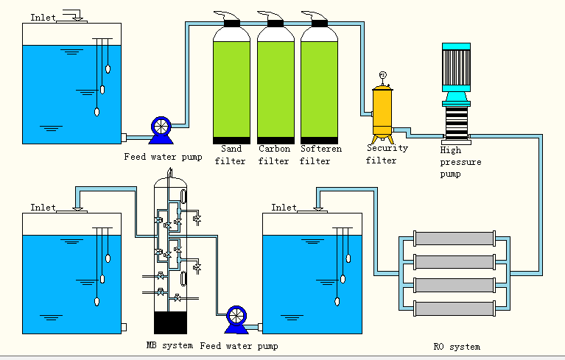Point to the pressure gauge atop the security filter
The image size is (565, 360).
(382, 75)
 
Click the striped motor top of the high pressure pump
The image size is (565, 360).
(456, 58)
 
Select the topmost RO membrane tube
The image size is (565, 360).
(454, 239)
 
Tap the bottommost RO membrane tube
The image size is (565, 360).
(454, 307)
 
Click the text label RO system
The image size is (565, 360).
(457, 346)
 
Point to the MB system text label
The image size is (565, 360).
(169, 345)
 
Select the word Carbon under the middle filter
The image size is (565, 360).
(274, 148)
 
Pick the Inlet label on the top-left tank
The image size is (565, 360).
(43, 17)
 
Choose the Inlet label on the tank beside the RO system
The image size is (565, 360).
(284, 208)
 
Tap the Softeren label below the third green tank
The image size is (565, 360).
(321, 148)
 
